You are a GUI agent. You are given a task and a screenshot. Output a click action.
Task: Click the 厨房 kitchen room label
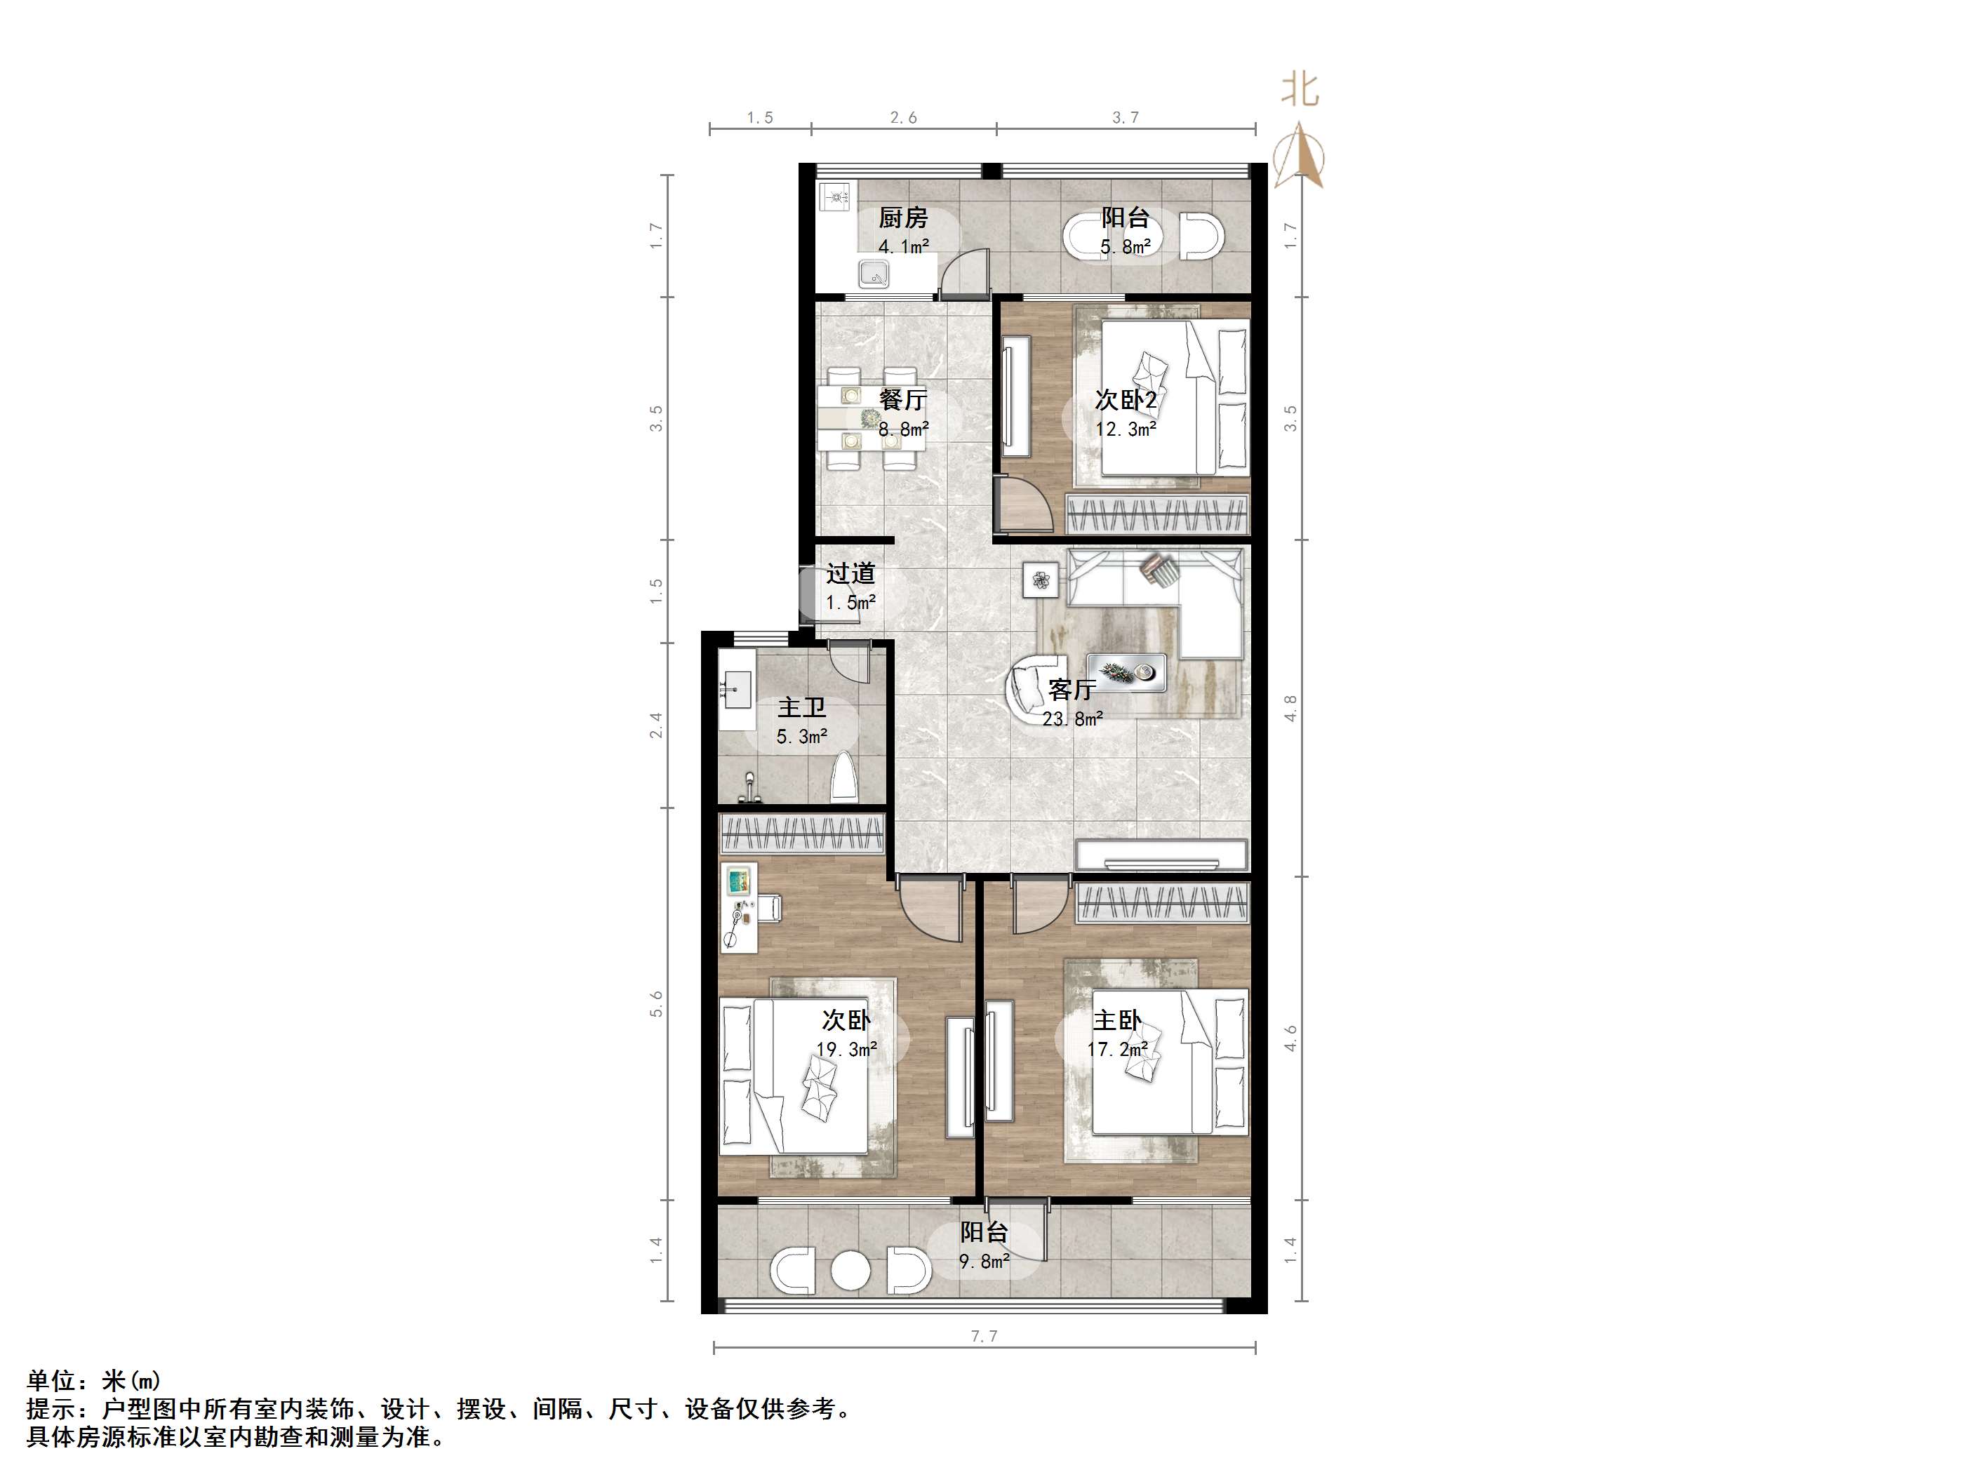tap(902, 218)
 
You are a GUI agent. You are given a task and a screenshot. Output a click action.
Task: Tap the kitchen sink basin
tap(874, 274)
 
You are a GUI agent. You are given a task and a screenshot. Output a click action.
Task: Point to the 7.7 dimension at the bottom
tap(984, 1335)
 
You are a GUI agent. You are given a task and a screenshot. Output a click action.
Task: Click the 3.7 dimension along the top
tap(1125, 117)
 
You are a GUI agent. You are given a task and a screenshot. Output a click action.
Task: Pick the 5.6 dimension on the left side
tap(657, 1003)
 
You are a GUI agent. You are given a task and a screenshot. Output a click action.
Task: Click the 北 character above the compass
tap(1300, 90)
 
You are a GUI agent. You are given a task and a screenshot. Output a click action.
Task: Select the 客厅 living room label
tap(1072, 689)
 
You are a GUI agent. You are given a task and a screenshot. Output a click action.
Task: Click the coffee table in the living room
tap(1126, 672)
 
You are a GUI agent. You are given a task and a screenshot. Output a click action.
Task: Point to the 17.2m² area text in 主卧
tap(1117, 1050)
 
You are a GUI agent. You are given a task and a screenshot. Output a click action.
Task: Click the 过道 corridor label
tap(850, 574)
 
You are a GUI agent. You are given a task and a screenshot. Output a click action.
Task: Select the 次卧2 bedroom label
tap(1125, 400)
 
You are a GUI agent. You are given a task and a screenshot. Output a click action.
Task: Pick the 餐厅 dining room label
tap(902, 400)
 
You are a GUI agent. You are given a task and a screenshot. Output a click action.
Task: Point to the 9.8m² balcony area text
tap(984, 1262)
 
